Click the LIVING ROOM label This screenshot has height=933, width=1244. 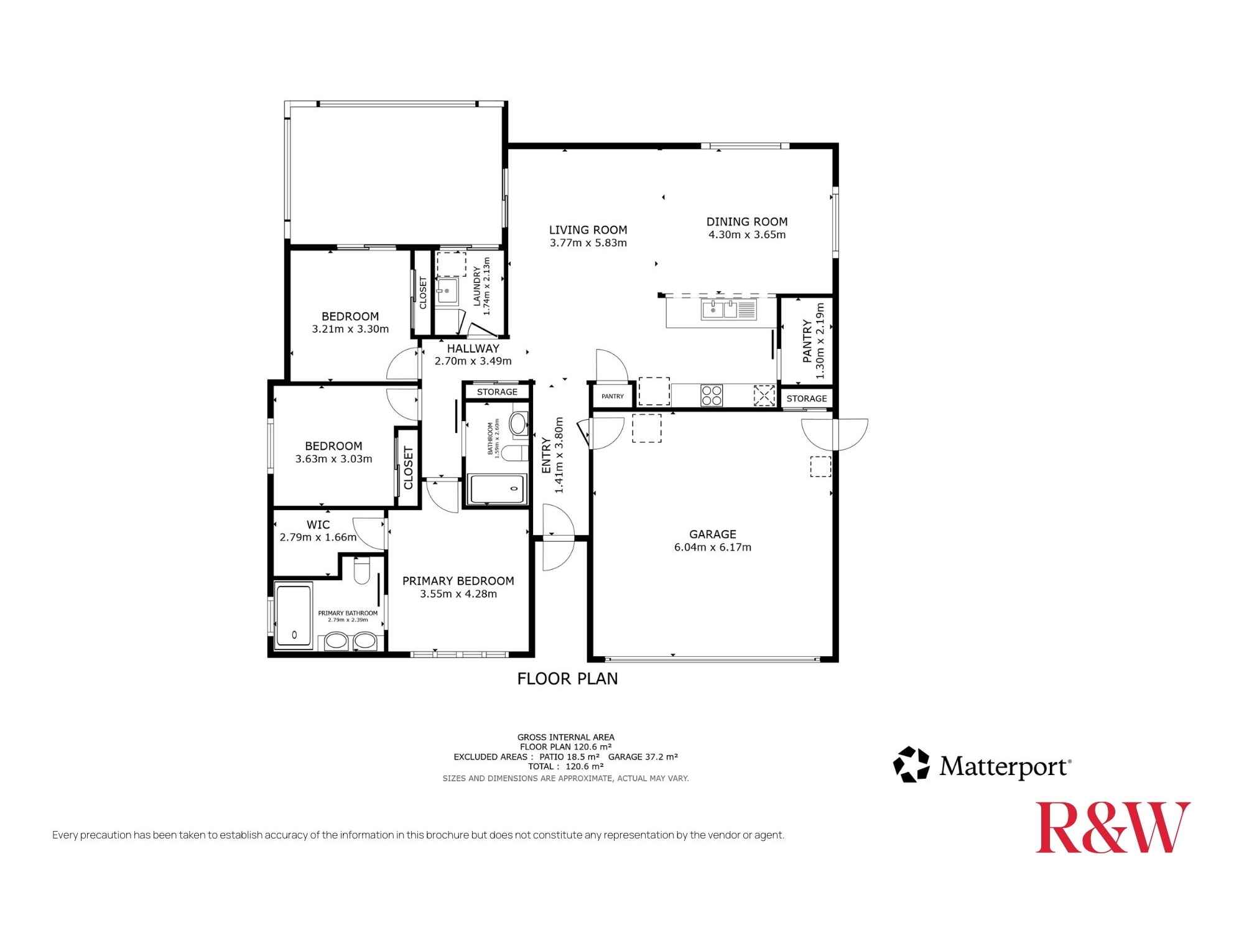[x=588, y=230]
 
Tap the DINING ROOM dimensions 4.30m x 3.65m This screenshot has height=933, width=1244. [x=747, y=235]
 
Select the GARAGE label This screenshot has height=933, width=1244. [x=713, y=534]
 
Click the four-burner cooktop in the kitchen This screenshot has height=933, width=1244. [x=712, y=396]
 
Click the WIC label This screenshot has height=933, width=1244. [x=318, y=524]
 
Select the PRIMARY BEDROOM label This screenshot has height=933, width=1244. [x=458, y=581]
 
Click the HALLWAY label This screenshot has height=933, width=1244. [x=473, y=348]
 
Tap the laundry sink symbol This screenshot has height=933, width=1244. [x=447, y=290]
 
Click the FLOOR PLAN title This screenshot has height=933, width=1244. [x=568, y=679]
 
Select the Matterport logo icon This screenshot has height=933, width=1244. [x=911, y=764]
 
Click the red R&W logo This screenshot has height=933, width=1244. [x=1113, y=827]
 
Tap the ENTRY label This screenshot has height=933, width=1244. [x=546, y=456]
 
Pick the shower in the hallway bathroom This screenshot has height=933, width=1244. [x=499, y=490]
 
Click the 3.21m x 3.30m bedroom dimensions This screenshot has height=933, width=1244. [x=350, y=329]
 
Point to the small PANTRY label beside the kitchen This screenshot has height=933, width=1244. [x=613, y=396]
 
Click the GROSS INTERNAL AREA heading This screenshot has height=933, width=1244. [x=566, y=737]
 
